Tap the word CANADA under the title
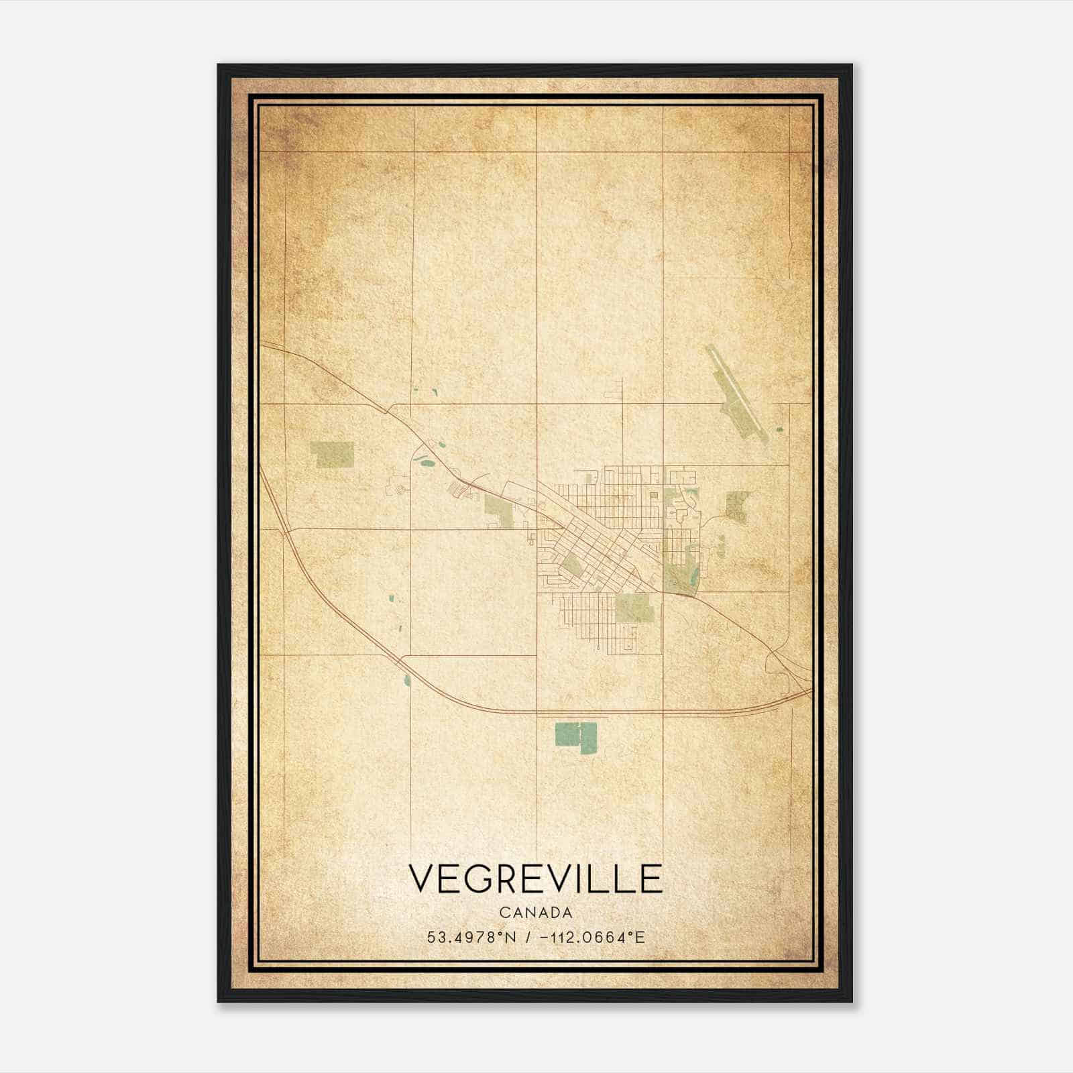click(535, 913)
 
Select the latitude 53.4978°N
click(471, 938)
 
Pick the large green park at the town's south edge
click(634, 608)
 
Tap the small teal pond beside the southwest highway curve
click(406, 681)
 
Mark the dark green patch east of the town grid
click(737, 506)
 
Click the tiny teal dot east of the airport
click(779, 429)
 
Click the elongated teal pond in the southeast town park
click(693, 574)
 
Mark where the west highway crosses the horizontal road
click(287, 530)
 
